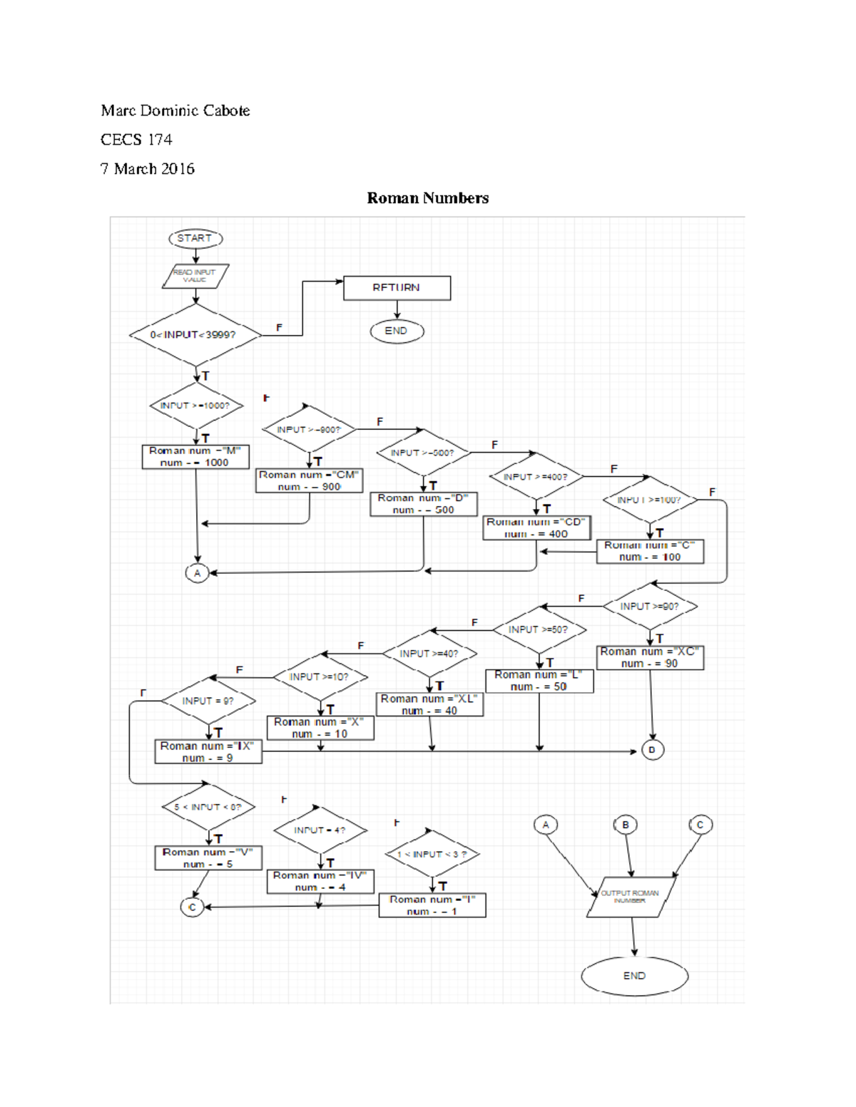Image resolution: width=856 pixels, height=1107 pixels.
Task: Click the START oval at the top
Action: point(195,239)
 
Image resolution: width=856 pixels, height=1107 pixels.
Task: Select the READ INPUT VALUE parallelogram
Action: point(195,277)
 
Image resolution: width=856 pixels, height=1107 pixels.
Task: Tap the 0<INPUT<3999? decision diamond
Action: point(195,335)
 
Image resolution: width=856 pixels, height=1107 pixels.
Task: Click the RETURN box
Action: point(397,288)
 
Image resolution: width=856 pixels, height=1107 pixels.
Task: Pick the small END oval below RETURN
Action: point(397,331)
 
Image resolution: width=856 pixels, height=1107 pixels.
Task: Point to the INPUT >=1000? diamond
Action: point(196,406)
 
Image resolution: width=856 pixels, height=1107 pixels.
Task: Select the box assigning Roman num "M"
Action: point(195,457)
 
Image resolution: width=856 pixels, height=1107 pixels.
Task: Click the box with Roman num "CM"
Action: point(310,481)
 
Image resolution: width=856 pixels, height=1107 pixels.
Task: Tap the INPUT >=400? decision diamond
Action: point(536,477)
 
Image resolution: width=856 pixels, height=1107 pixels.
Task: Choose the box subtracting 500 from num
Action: point(424,505)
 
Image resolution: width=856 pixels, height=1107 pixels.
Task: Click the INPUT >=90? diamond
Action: point(650,607)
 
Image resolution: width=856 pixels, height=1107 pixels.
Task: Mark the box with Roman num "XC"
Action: point(650,658)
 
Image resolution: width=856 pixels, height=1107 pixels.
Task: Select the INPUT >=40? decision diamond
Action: point(429,654)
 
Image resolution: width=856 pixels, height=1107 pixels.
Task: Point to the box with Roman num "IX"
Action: point(208,752)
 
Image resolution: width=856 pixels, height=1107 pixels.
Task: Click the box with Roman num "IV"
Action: point(320,882)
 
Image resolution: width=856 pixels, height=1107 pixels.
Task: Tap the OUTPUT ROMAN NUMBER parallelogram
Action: point(631,897)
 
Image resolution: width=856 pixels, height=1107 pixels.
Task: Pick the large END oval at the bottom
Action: point(634,976)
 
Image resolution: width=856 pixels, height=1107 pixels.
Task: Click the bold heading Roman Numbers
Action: point(427,198)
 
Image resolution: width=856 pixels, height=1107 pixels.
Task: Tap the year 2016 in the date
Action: point(178,169)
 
